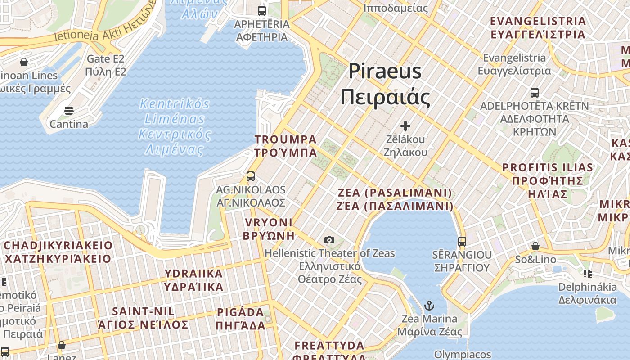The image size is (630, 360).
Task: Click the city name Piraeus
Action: [385, 72]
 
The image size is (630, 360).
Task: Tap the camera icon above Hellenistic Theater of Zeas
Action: [329, 240]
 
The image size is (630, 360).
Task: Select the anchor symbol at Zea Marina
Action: [429, 306]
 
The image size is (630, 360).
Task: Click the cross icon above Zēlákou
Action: [405, 126]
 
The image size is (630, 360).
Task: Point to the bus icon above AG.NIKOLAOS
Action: [251, 176]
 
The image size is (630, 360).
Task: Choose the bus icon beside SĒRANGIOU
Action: [462, 241]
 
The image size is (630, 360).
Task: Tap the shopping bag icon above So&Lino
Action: [535, 246]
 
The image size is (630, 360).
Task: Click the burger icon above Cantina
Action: [69, 110]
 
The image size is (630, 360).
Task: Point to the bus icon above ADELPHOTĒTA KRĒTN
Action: [535, 93]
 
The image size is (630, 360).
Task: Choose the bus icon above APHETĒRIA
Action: [262, 10]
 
